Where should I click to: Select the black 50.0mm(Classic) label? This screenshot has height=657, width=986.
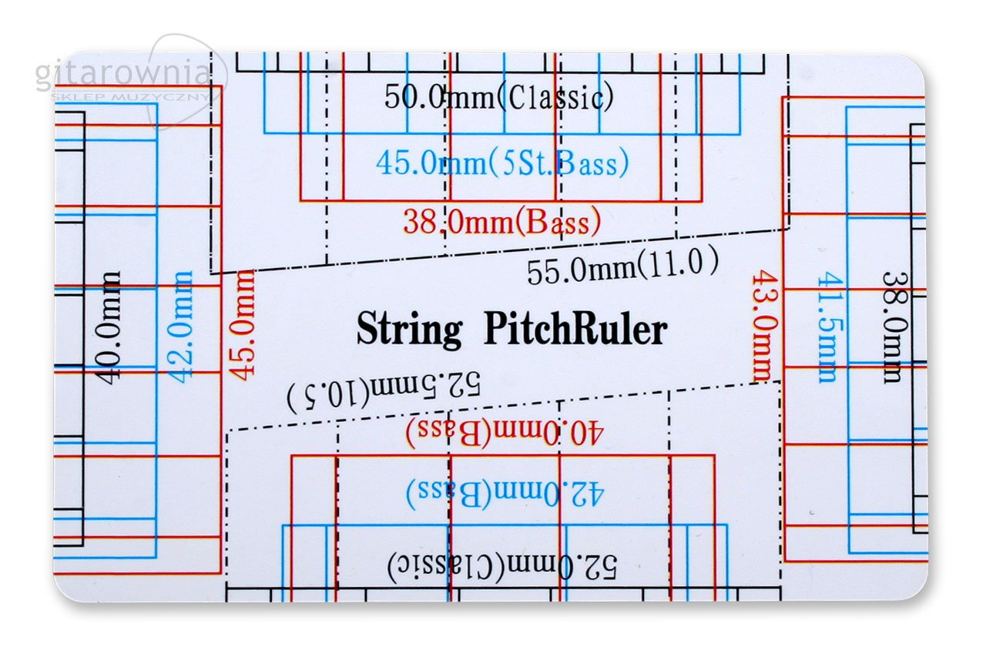(498, 98)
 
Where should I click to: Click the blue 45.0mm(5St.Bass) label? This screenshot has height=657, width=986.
(502, 163)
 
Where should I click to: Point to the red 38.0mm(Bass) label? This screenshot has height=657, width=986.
(501, 223)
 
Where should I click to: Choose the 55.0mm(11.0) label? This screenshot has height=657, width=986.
(622, 267)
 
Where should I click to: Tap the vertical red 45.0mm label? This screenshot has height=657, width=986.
(244, 324)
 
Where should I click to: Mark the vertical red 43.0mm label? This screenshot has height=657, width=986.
(762, 325)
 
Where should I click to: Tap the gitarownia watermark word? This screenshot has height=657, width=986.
(122, 75)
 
